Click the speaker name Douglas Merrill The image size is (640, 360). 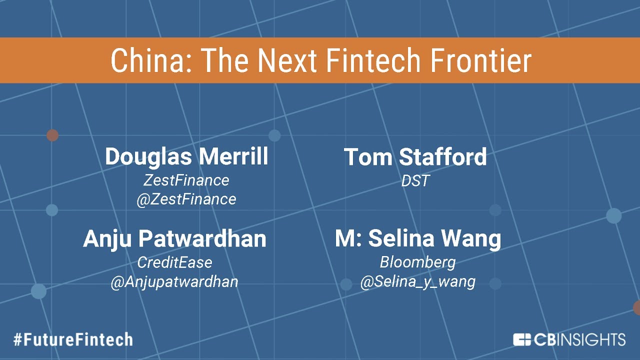coord(186,157)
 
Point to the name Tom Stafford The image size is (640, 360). coord(415,157)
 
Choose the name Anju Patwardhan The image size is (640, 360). coord(174,239)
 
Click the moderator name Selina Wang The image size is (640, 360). coord(434,239)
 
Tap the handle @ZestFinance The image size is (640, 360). coord(186,199)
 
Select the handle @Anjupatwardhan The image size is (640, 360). coord(174,281)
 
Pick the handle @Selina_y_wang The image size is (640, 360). coord(417,282)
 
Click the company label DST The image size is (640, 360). coord(415,180)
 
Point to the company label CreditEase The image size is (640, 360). coord(174,262)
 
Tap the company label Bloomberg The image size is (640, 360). coord(417,262)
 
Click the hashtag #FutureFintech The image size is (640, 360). coord(73,340)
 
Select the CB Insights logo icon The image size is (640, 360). coord(522,339)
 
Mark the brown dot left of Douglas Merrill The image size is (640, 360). coord(52,135)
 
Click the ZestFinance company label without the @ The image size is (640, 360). coord(186,180)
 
